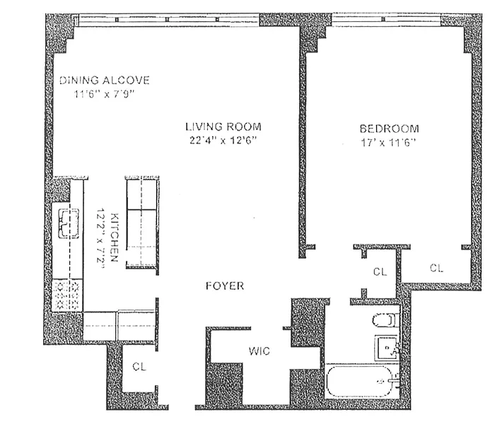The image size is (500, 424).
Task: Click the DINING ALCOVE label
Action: point(105,81)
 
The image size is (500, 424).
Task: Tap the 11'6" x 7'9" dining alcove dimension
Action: point(105,94)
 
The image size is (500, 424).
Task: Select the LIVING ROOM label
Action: point(223,126)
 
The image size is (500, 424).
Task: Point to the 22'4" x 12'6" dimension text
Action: point(223,141)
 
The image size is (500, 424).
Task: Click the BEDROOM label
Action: point(390,129)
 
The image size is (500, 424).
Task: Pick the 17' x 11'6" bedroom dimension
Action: point(389,143)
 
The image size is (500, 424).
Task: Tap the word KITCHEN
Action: point(114,237)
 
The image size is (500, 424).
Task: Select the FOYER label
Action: point(225,285)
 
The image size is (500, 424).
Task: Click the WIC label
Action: point(260,351)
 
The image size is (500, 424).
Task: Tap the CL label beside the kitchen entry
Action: point(139,367)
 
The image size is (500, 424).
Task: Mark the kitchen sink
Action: point(68,223)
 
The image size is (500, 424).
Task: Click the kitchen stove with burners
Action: point(67,295)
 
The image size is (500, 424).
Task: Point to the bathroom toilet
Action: point(385,320)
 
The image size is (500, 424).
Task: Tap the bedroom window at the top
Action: point(386,19)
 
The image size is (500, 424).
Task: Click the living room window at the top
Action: point(169,19)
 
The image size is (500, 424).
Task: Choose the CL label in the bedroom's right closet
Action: point(436,269)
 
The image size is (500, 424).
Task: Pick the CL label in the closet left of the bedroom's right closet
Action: point(380,272)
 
